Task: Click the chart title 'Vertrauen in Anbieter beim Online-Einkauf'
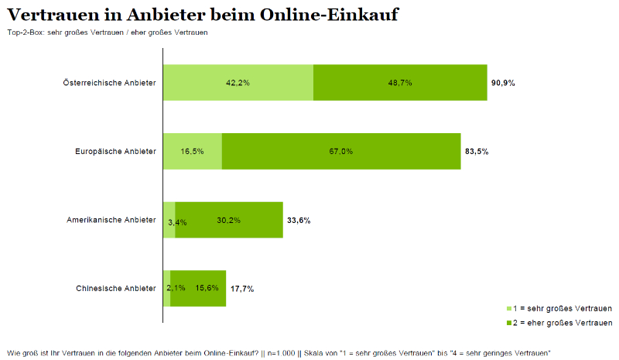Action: [x=203, y=15]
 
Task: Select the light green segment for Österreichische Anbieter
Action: [x=238, y=82]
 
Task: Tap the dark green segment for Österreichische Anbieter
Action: [x=400, y=82]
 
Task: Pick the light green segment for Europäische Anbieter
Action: [x=192, y=151]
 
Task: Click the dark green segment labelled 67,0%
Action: [x=341, y=151]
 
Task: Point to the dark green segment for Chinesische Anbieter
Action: [x=198, y=288]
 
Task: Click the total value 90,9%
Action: [x=503, y=82]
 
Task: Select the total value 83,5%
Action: [x=477, y=151]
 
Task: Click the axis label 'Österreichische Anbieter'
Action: [x=110, y=82]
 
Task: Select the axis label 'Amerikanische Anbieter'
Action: [x=111, y=220]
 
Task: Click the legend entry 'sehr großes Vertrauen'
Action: [x=563, y=307]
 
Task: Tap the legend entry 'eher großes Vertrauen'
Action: [x=563, y=322]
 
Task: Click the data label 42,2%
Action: [x=238, y=82]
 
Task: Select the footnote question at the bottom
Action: [x=278, y=353]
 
